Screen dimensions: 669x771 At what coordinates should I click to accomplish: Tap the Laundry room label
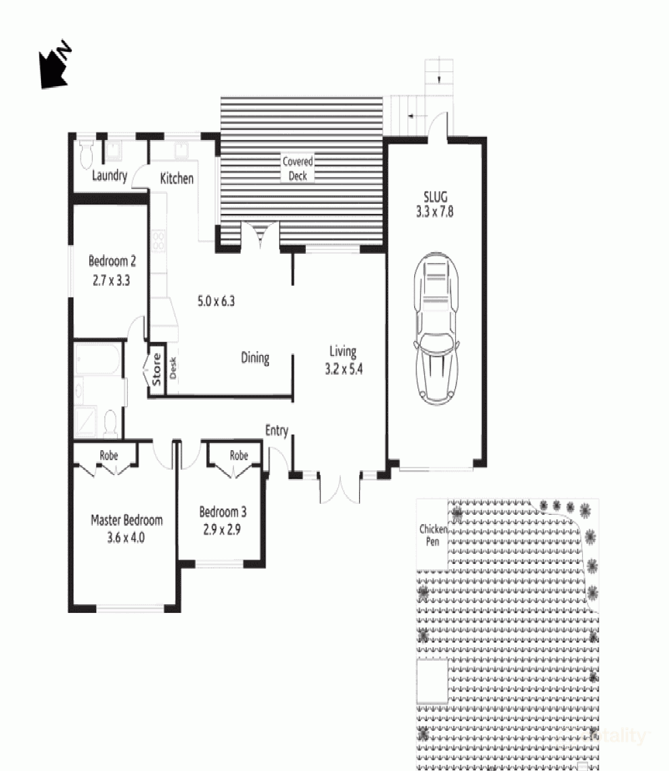coord(109,175)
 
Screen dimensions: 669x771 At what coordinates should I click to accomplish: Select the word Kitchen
coord(177,178)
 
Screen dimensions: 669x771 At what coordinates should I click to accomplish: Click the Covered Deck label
coord(298,169)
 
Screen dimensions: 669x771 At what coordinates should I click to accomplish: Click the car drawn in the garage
coord(436,328)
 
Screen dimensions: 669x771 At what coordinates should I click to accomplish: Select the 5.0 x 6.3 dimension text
coord(217,301)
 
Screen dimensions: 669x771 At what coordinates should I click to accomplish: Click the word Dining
coord(255,358)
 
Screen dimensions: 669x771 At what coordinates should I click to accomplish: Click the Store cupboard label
coord(156,369)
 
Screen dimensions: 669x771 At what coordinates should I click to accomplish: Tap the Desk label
coord(173,368)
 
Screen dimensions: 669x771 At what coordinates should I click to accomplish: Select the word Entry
coord(277,431)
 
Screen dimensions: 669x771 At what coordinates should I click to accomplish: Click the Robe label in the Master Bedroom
coord(109,455)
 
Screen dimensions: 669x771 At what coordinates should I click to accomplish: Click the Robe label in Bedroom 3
coord(239,455)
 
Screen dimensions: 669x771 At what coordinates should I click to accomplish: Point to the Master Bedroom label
coord(127,520)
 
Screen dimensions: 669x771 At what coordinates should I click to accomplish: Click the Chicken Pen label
coord(433,535)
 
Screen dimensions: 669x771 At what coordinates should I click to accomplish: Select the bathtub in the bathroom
coord(98,359)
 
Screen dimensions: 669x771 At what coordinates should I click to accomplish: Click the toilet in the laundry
coord(87,154)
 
